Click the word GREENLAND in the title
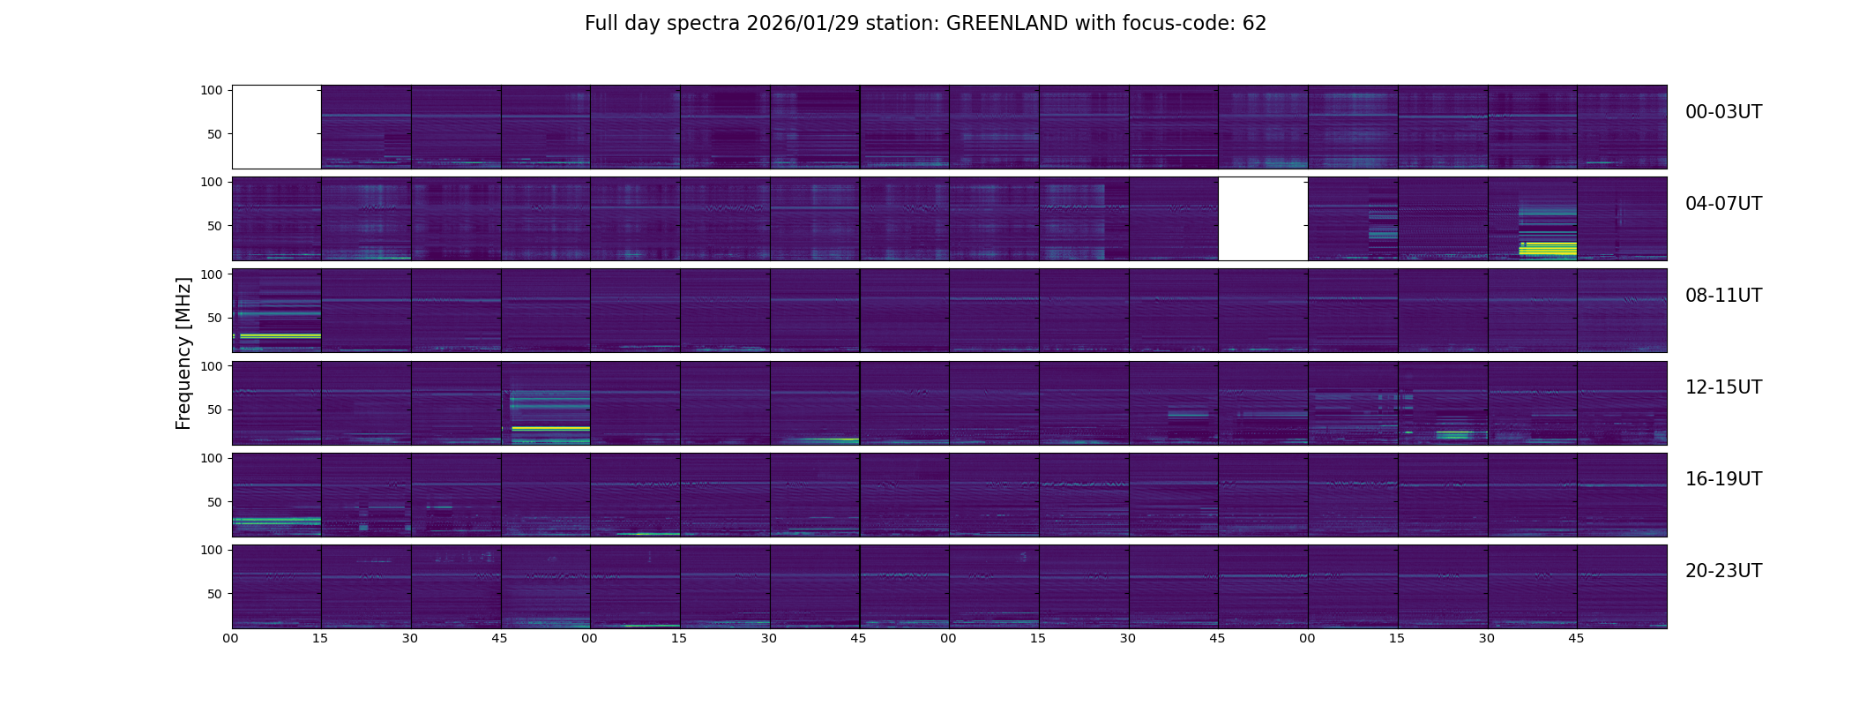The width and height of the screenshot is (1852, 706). tap(1007, 24)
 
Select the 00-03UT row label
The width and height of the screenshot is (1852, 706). tap(1723, 112)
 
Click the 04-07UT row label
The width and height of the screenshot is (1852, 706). tap(1723, 204)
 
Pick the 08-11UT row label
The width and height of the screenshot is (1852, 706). tap(1723, 296)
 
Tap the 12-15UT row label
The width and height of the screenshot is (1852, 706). tap(1723, 387)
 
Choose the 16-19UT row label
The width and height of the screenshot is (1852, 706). tap(1723, 479)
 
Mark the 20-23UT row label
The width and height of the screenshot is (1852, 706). tap(1723, 571)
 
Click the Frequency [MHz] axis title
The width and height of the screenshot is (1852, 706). tap(183, 353)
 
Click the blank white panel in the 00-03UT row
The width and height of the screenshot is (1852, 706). tap(276, 127)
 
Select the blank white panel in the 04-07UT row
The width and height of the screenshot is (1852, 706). tap(1263, 219)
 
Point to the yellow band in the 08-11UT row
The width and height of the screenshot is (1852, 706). tap(280, 336)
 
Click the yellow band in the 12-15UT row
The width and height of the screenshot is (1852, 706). tap(550, 428)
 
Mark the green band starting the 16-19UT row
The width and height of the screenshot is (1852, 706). tap(276, 521)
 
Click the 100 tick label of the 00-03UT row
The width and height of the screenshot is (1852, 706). tap(211, 90)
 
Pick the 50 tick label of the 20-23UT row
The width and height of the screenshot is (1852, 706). tap(214, 594)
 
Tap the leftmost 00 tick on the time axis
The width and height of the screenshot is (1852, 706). tap(230, 638)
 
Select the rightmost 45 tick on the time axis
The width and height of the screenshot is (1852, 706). tap(1576, 638)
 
